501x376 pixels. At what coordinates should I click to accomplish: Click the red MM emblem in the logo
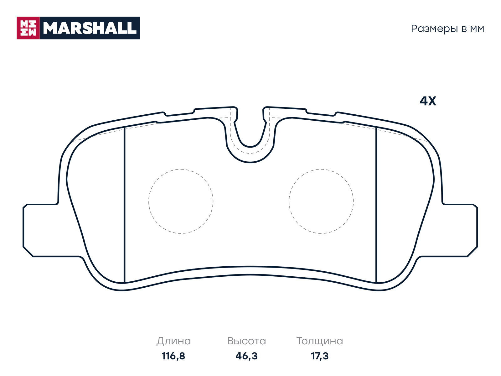coord(28,28)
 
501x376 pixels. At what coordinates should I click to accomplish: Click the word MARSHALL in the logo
coord(90,28)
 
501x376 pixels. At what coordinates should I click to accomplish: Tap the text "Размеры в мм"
coord(447,29)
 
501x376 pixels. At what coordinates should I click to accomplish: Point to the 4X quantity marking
coord(428,101)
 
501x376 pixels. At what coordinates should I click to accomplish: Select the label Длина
coord(173,341)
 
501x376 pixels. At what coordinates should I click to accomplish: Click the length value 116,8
coord(173,356)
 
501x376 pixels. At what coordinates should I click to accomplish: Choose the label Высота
coord(246,341)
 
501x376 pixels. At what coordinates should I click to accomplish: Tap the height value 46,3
coord(246,356)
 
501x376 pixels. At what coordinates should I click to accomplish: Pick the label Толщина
coord(320,341)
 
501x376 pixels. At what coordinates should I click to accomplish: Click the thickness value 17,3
coord(320,356)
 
